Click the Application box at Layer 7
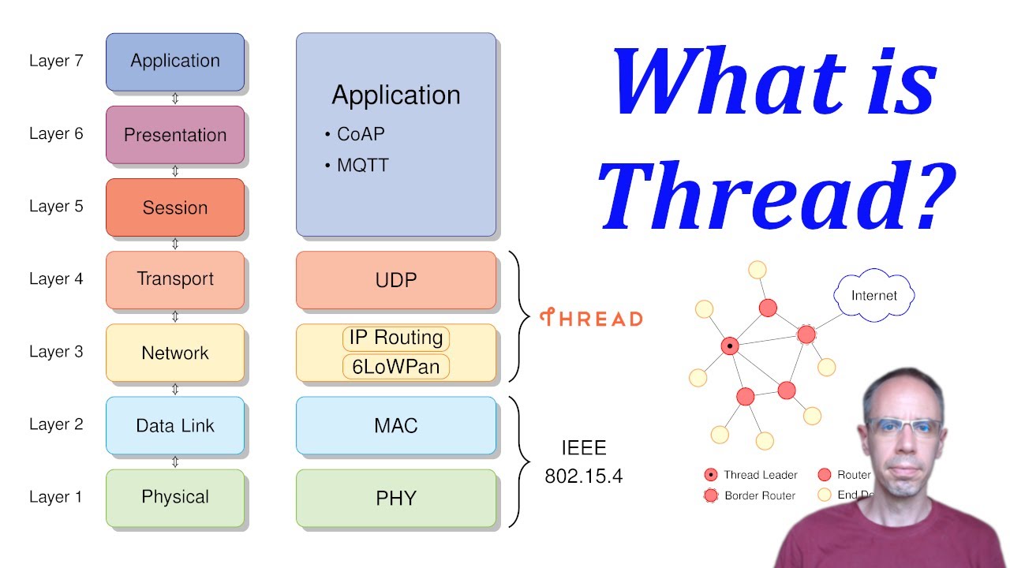click(175, 62)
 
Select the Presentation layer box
click(175, 135)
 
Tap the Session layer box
click(175, 207)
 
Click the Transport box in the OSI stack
click(175, 279)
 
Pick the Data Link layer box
click(175, 425)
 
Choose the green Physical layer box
click(175, 498)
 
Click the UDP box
click(396, 280)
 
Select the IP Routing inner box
click(396, 338)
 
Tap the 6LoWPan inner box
click(396, 367)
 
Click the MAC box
click(396, 426)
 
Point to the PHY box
click(396, 499)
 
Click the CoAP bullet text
click(361, 134)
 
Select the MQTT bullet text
click(363, 166)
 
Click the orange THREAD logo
click(591, 318)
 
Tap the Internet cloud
click(874, 296)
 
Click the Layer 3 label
click(56, 352)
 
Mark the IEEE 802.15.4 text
click(584, 462)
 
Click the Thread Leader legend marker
click(711, 475)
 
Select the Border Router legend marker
click(711, 495)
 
